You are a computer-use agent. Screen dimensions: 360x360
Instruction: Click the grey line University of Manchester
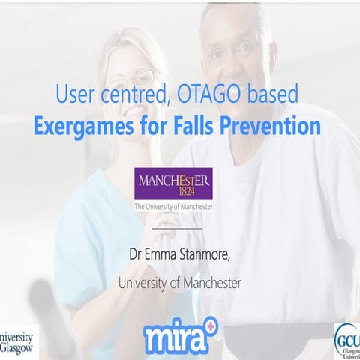coord(178,283)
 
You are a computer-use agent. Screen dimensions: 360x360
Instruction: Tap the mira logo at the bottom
coord(178,337)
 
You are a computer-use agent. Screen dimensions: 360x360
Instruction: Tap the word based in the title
coord(273,95)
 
